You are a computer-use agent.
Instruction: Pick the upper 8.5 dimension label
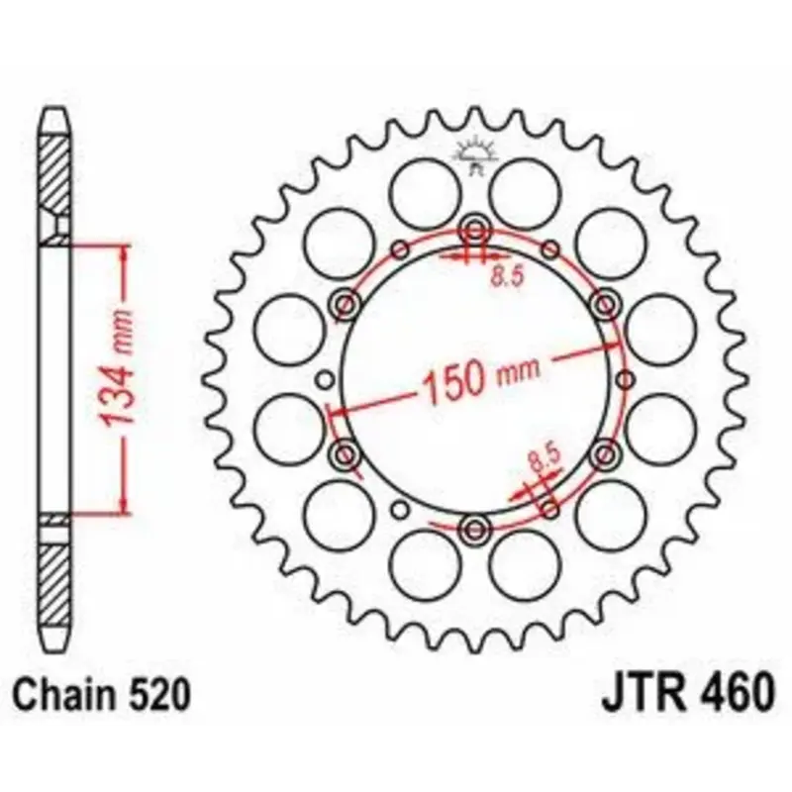(508, 276)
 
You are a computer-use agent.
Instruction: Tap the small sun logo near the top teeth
(475, 155)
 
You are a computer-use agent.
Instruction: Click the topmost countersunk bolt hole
(475, 232)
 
